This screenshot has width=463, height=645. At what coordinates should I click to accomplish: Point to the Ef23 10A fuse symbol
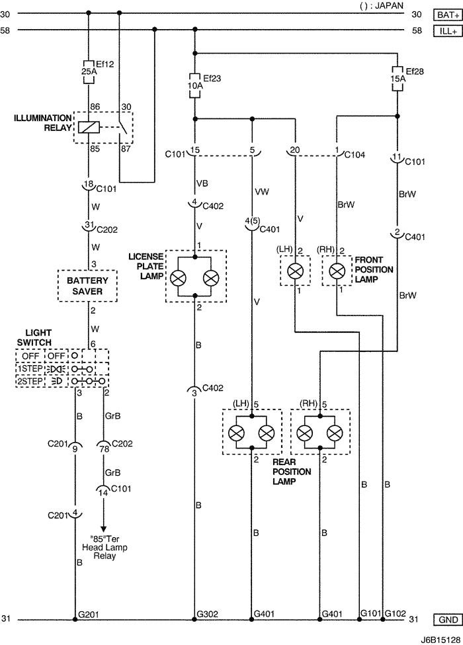tap(194, 85)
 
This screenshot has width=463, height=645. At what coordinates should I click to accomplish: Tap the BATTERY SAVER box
tap(87, 286)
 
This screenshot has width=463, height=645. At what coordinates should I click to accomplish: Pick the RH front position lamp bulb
tap(337, 271)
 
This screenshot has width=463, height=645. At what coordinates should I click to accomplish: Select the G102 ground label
tap(396, 613)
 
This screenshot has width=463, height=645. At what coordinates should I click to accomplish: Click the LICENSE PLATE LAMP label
tap(145, 265)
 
